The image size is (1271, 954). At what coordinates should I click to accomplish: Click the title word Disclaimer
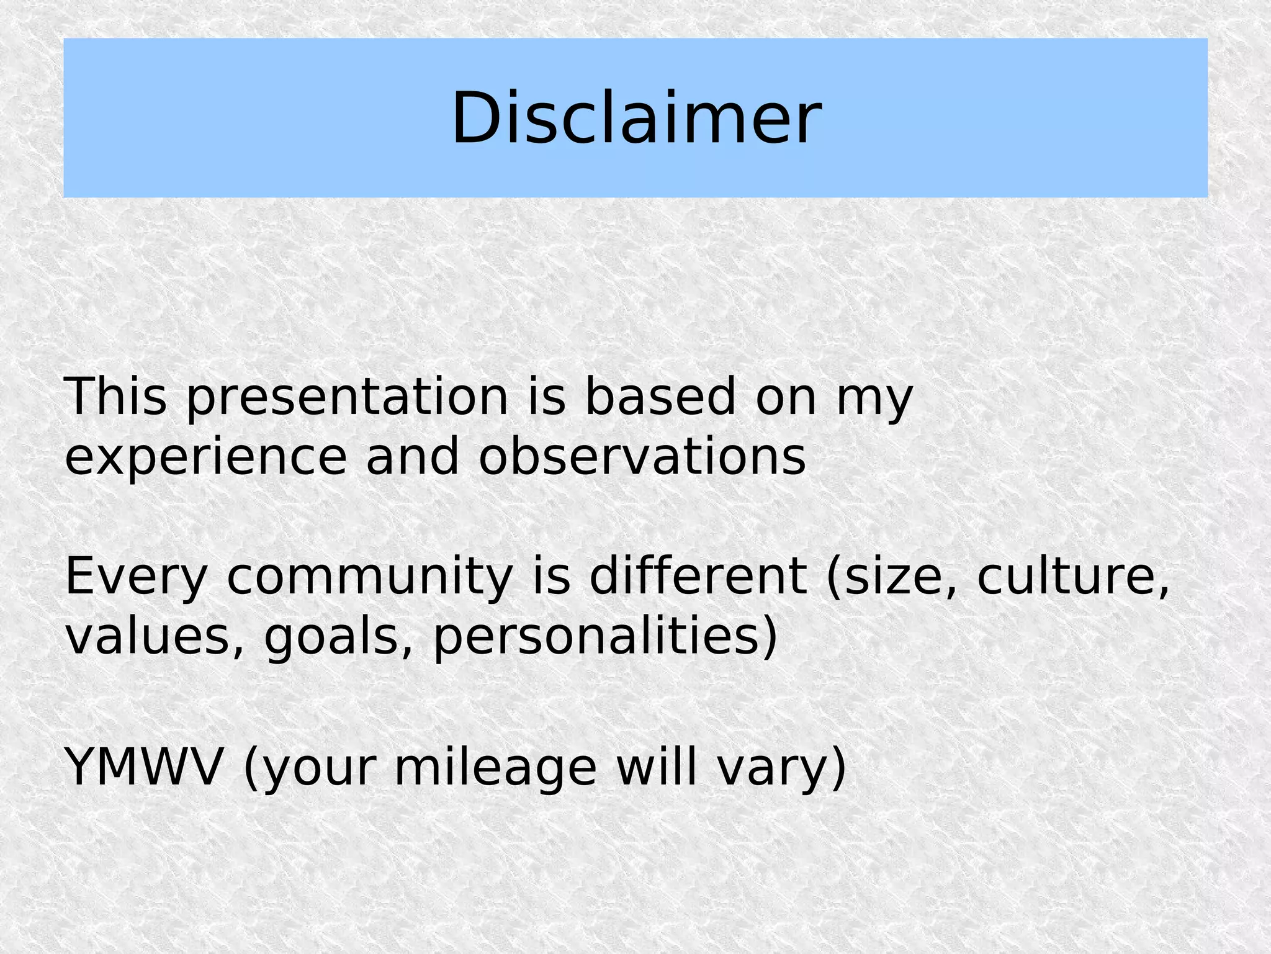tap(636, 118)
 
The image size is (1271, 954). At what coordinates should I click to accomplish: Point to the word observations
tap(642, 456)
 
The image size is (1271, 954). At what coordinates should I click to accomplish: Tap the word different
tap(698, 575)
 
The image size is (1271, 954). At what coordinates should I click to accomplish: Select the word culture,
tap(1073, 577)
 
